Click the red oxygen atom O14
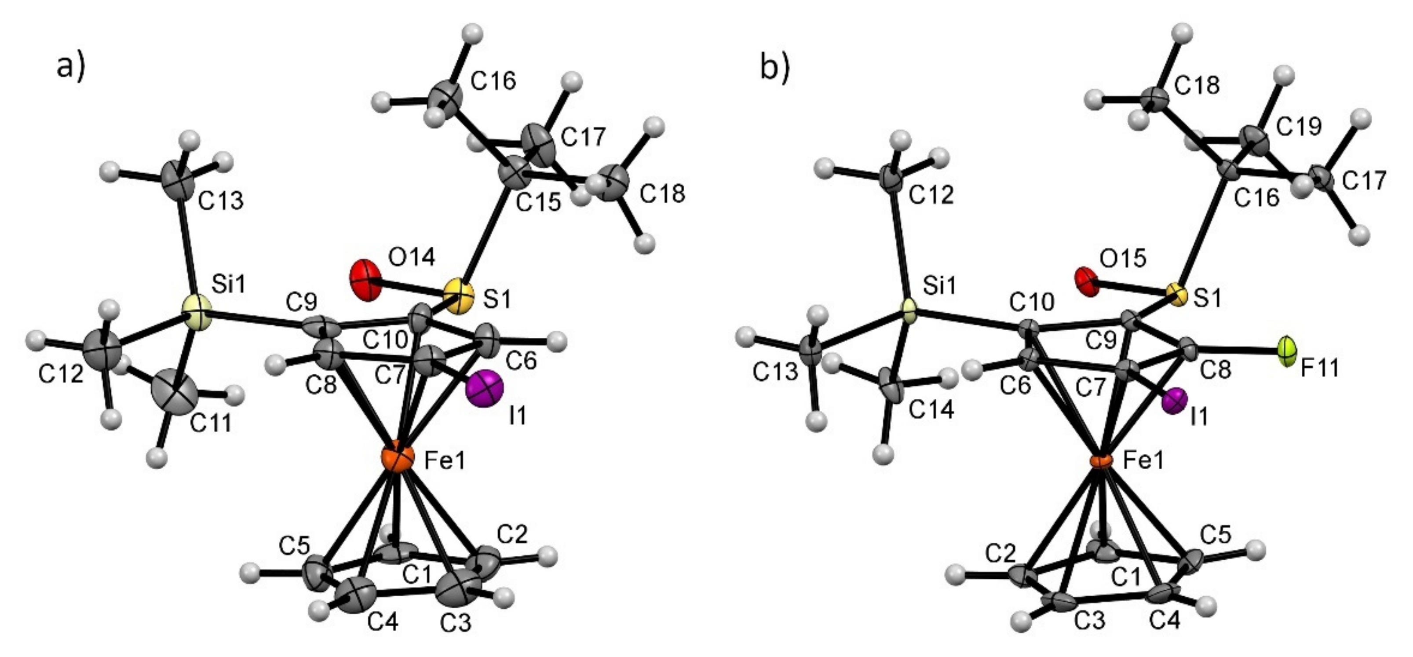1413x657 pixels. coord(365,280)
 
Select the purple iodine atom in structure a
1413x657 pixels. coord(484,388)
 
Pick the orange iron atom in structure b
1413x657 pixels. coord(1100,460)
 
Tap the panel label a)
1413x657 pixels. coord(71,67)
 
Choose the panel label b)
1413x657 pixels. coord(774,67)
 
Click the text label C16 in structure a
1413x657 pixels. coord(494,81)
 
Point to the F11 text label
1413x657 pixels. coord(1320,368)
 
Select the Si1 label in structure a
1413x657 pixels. coord(229,285)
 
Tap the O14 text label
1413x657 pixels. coord(411,256)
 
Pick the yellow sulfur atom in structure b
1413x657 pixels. coord(1178,296)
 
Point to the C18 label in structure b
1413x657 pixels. coord(1197,85)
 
